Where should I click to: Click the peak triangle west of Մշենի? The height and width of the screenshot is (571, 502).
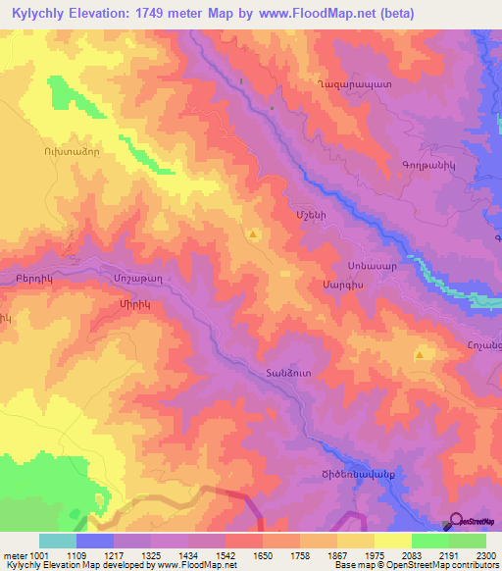(x=254, y=234)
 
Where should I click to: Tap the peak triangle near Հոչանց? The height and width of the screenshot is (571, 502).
(x=420, y=355)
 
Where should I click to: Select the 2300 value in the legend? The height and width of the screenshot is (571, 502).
(x=484, y=554)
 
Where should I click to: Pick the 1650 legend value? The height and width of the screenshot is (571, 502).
(x=263, y=554)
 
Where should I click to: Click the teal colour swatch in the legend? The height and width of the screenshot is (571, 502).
(x=58, y=541)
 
